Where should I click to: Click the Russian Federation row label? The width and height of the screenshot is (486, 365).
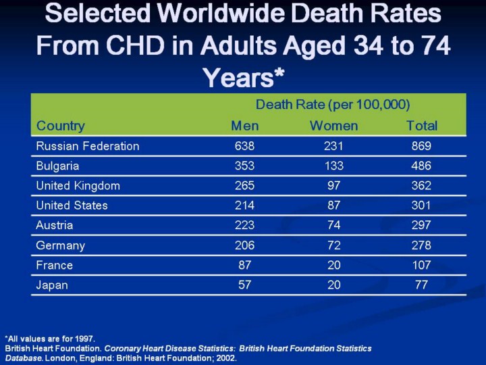click(88, 146)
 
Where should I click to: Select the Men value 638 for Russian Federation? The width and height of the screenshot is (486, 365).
click(244, 146)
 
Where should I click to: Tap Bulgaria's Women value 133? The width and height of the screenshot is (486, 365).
click(333, 166)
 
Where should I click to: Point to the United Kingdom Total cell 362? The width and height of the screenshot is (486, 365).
click(421, 186)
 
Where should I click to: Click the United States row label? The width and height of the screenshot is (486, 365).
click(72, 205)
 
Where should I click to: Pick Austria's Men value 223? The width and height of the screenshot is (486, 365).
click(244, 225)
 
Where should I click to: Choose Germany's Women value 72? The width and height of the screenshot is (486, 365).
click(333, 245)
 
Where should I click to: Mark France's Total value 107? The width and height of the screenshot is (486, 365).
click(421, 265)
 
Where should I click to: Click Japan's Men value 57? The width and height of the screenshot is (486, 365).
click(244, 285)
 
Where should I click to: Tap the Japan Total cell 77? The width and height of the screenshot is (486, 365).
click(421, 285)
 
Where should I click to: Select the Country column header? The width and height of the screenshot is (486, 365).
click(61, 126)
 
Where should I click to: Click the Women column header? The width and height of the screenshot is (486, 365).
click(333, 126)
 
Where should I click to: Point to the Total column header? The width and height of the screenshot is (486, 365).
click(421, 126)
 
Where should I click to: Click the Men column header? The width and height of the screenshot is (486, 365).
click(244, 126)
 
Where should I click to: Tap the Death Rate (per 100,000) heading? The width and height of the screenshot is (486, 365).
click(333, 105)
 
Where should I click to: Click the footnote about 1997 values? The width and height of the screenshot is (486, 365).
click(51, 339)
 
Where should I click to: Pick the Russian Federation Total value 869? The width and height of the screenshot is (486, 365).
click(421, 146)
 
